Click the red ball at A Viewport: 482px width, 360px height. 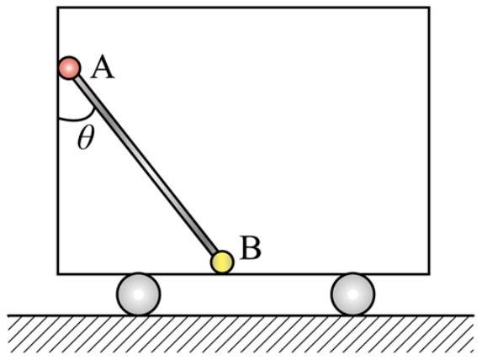click(x=70, y=68)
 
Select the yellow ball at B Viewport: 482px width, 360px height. click(x=222, y=262)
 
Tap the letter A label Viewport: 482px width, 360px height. click(x=103, y=69)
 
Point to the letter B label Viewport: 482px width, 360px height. click(x=252, y=248)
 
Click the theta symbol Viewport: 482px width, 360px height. click(x=86, y=138)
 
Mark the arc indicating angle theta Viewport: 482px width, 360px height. click(x=81, y=119)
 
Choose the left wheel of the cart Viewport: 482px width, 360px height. click(x=138, y=294)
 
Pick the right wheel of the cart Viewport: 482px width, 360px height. click(x=352, y=294)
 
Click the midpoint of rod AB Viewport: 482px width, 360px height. click(x=146, y=165)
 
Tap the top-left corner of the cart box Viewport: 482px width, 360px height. click(x=58, y=8)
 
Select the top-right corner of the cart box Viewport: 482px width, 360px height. click(x=429, y=8)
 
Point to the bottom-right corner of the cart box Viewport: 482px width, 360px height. click(x=429, y=273)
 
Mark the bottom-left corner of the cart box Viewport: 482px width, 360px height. click(x=58, y=273)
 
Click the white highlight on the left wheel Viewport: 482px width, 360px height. click(x=139, y=294)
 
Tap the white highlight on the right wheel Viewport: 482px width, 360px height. click(x=352, y=294)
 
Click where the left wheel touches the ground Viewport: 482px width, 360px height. click(x=138, y=315)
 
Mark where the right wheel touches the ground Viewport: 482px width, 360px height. click(x=352, y=315)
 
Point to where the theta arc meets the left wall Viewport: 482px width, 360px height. click(x=58, y=118)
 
